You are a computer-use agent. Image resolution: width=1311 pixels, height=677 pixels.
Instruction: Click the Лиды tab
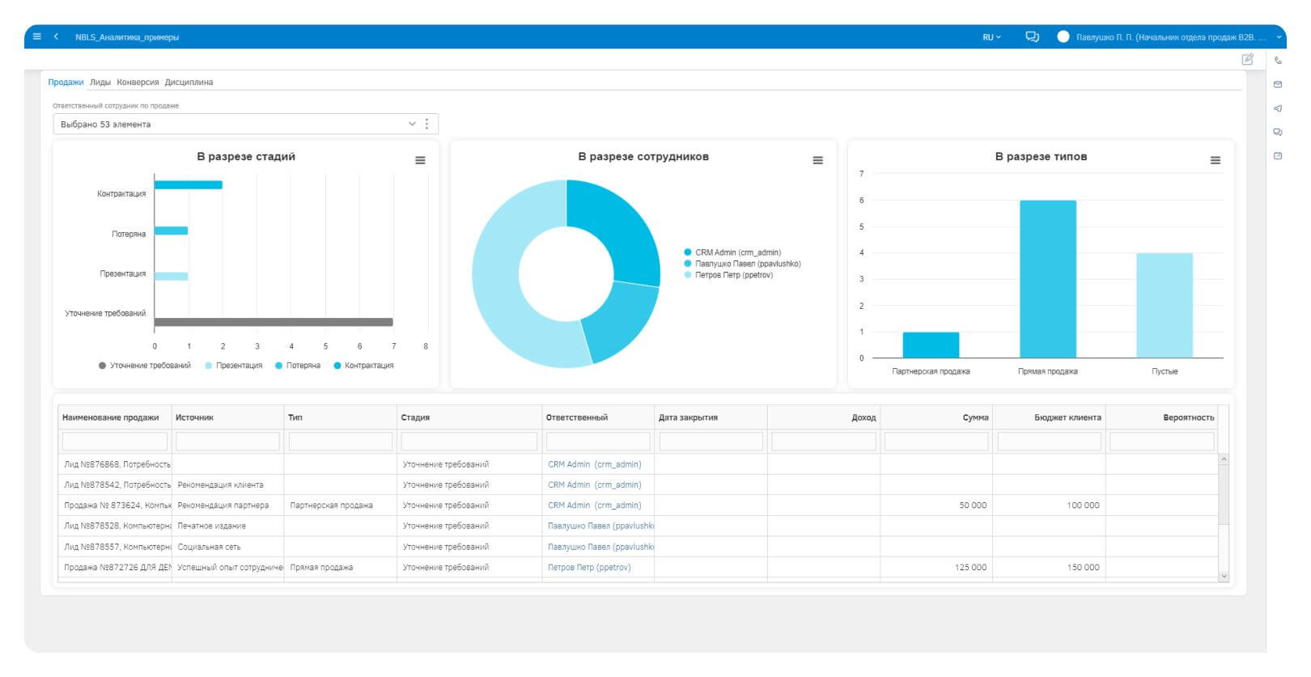pos(100,83)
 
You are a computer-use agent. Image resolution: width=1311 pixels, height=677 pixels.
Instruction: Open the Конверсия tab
pos(138,83)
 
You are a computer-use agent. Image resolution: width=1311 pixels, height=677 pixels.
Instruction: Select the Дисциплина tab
pos(189,83)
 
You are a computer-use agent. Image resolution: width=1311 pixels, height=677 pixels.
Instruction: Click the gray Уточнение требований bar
pos(274,322)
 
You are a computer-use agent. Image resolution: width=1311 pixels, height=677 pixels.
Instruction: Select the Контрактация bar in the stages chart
pos(188,185)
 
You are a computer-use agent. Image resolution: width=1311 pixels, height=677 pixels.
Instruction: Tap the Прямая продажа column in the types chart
pos(1047,279)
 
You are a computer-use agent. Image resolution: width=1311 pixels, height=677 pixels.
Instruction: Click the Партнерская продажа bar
pos(931,345)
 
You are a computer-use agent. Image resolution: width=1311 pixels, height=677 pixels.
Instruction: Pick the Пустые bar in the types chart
pos(1164,305)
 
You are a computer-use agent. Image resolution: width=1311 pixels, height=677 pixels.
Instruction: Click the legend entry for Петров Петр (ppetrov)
pos(733,275)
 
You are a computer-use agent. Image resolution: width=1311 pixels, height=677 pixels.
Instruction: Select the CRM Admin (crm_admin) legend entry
pos(737,252)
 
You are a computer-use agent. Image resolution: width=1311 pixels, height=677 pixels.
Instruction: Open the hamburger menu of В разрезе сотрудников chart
pos(817,160)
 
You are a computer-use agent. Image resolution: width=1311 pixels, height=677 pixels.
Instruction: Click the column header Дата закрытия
pos(688,417)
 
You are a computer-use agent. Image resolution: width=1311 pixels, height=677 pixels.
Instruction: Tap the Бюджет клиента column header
pos(1067,417)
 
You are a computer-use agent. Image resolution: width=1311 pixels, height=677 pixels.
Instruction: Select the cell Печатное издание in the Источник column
pos(211,526)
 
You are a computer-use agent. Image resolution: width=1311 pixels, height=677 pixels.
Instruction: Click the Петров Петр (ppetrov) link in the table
pos(589,567)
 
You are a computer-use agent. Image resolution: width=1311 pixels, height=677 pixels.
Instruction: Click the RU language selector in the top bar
pos(991,37)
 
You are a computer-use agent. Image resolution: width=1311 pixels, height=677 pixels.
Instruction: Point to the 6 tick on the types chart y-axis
pos(861,201)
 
